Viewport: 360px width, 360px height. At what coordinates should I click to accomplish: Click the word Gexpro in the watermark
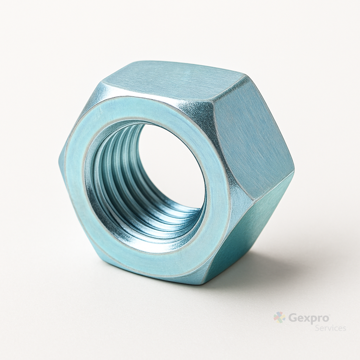(309, 319)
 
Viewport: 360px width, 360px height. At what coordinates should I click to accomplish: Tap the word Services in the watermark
(330, 328)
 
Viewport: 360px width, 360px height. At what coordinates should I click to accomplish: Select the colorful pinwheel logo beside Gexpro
(279, 317)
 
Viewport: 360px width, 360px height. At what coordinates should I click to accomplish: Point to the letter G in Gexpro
(292, 318)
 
